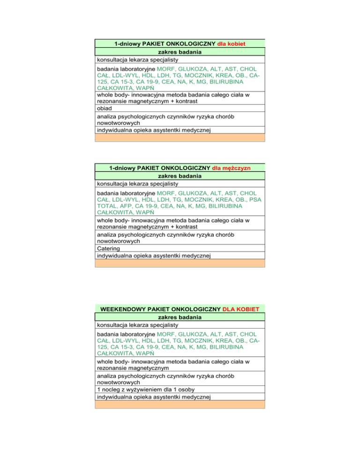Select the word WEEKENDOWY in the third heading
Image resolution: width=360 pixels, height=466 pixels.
(x=121, y=309)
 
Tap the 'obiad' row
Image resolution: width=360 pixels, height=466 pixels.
(x=105, y=108)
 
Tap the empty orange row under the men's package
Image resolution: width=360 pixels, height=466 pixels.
(x=180, y=263)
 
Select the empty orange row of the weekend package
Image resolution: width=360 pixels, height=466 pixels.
(x=180, y=405)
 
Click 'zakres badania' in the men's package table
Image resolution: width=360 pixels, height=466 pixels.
(x=180, y=176)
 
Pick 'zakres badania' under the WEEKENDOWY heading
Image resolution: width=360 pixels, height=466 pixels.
(x=180, y=317)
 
